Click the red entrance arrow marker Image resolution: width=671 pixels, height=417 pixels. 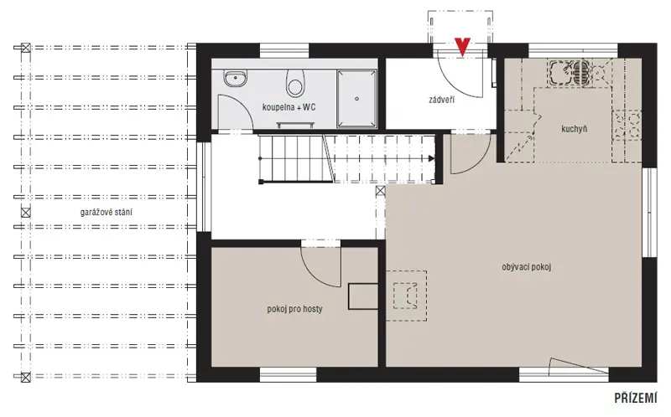(463, 47)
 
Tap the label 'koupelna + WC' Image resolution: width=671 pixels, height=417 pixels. (289, 107)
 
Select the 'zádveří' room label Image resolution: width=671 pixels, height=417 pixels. (442, 100)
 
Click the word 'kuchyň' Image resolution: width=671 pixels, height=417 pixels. (575, 129)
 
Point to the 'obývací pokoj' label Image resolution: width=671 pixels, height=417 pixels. (527, 267)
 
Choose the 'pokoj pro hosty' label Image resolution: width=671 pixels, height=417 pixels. (295, 308)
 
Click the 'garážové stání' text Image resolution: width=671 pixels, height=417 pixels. (107, 212)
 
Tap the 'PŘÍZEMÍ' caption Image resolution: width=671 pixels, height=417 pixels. (636, 399)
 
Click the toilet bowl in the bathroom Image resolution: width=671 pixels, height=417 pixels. (295, 83)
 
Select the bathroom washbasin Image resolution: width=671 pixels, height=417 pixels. (235, 79)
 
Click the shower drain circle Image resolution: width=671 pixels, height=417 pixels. (356, 99)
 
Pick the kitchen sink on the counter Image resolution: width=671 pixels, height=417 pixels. (561, 72)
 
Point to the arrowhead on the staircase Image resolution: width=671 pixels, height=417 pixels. (431, 158)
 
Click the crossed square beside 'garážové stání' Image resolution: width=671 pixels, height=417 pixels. (26, 213)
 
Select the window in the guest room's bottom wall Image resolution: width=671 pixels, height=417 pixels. (288, 374)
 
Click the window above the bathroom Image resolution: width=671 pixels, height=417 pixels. (284, 50)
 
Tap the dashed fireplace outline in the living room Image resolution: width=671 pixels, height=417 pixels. (406, 296)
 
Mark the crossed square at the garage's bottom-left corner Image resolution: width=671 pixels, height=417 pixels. (26, 377)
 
